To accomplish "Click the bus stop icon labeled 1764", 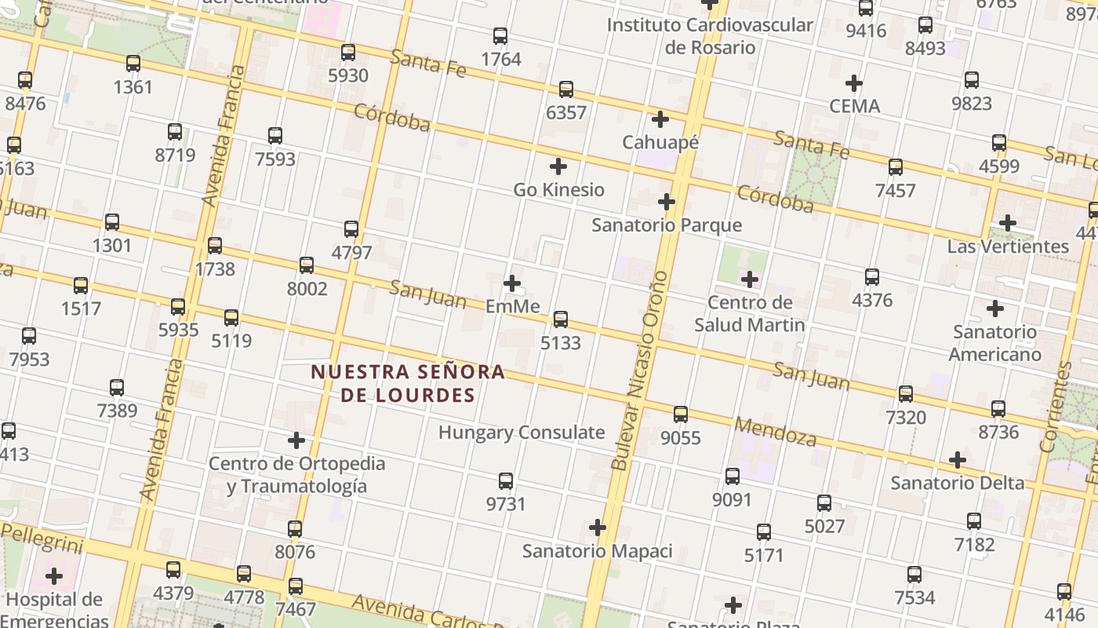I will (x=500, y=36).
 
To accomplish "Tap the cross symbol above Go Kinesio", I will (x=558, y=166).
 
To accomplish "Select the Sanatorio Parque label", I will (x=667, y=225).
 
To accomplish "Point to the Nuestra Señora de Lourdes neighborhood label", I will (x=408, y=383).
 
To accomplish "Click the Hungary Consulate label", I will (x=522, y=433).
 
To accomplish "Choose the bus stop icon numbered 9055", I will (x=681, y=414).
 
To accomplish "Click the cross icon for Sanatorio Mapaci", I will (x=598, y=528).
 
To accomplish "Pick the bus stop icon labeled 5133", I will (x=561, y=319).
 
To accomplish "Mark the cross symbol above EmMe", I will (x=512, y=283).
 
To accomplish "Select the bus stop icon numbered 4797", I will (x=351, y=229).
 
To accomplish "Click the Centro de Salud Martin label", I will (x=750, y=314).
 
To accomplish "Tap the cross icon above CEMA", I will (x=854, y=82).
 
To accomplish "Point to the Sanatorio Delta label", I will (x=958, y=483).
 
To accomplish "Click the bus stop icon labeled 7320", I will (x=906, y=394).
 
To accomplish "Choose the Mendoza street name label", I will (x=775, y=432).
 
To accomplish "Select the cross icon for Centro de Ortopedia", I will (x=296, y=440).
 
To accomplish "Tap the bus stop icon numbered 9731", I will (x=506, y=481).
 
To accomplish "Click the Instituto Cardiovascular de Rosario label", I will (x=710, y=36).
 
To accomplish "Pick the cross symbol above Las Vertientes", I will (x=1008, y=223).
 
